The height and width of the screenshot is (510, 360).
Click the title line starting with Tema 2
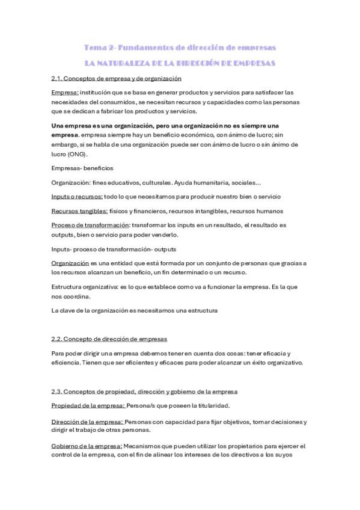click(x=180, y=47)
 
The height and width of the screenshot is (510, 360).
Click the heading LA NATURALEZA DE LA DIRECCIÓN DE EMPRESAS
click(x=180, y=63)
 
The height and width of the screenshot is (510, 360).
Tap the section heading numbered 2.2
click(x=109, y=339)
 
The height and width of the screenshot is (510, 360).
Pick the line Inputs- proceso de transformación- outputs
click(x=114, y=249)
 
